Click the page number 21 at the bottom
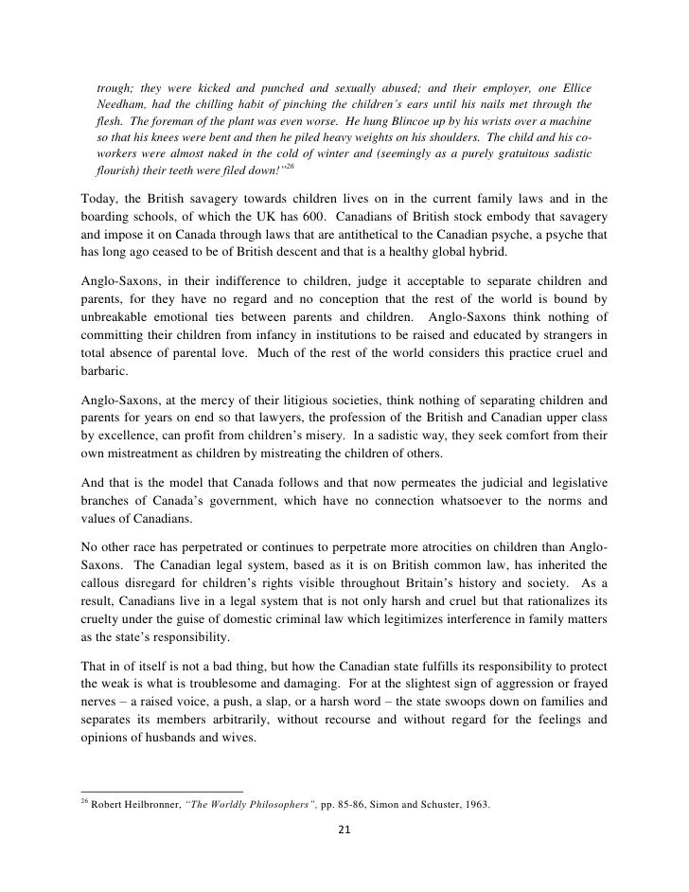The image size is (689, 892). click(x=344, y=830)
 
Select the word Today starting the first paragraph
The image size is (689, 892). click(x=98, y=198)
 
